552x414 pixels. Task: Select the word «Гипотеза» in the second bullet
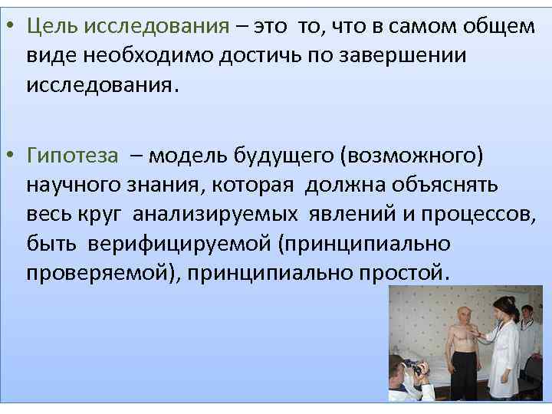(72, 157)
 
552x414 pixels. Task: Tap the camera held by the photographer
(415, 370)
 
